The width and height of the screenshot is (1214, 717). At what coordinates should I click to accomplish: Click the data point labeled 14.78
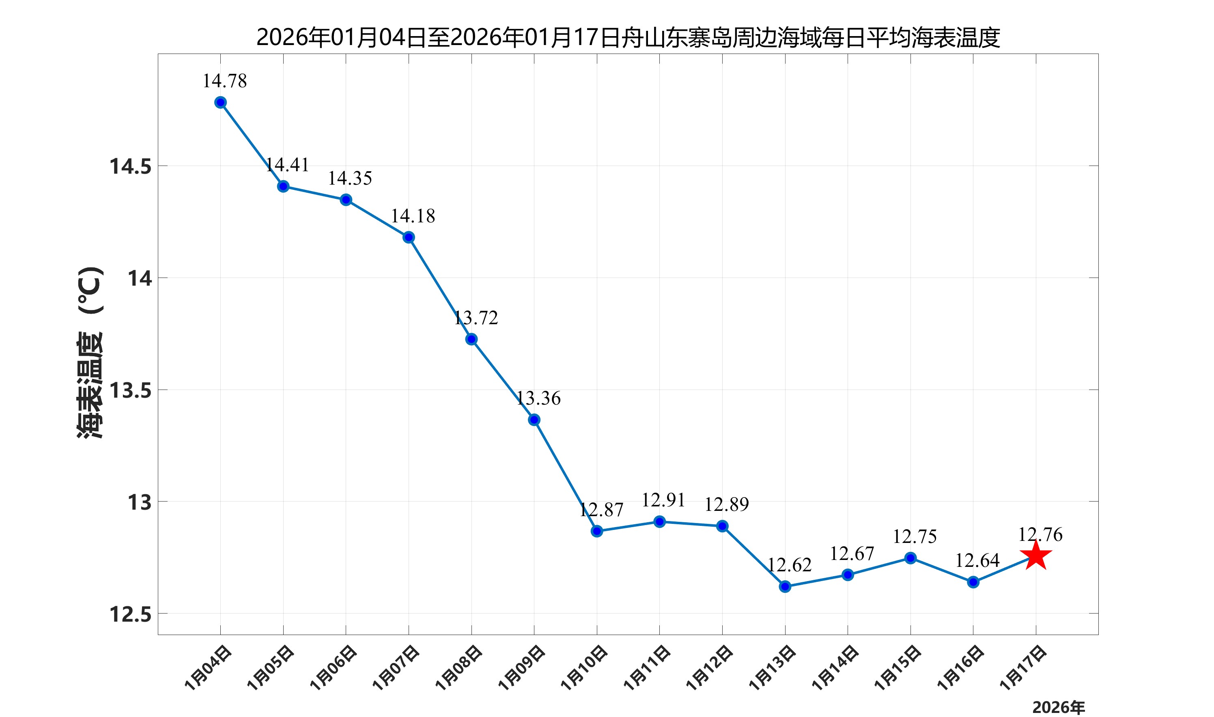(220, 102)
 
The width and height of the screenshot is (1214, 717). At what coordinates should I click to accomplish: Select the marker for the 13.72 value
(471, 339)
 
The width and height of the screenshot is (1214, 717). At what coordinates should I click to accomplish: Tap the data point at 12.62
(785, 587)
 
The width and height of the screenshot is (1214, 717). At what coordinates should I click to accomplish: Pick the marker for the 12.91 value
(659, 521)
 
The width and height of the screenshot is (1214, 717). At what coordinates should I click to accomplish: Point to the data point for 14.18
(409, 237)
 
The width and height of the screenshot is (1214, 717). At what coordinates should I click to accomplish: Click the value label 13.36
(538, 398)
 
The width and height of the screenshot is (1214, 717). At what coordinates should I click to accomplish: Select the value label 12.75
(915, 537)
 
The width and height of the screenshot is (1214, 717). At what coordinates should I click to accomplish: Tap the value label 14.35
(350, 178)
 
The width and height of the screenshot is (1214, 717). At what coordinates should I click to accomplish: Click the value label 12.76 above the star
(1040, 535)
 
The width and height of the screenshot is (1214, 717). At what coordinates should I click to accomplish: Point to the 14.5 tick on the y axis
(130, 167)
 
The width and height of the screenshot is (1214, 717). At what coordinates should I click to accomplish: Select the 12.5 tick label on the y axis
(130, 615)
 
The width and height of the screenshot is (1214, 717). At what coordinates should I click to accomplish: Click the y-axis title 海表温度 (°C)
(90, 353)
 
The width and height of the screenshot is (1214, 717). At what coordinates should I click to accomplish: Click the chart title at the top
(628, 38)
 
